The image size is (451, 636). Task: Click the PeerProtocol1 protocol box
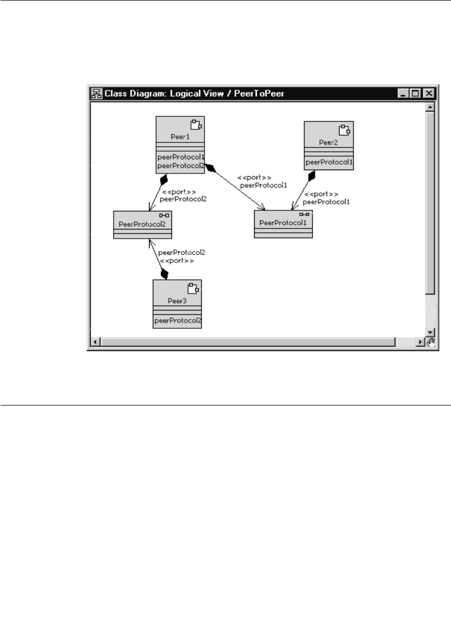pyautogui.click(x=283, y=223)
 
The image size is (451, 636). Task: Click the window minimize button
pyautogui.click(x=404, y=93)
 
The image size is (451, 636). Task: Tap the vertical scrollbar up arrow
pyautogui.click(x=430, y=107)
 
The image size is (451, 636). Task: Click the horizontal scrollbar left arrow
pyautogui.click(x=95, y=342)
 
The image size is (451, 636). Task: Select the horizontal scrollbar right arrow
pyautogui.click(x=420, y=342)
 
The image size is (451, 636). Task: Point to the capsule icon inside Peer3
pyautogui.click(x=193, y=288)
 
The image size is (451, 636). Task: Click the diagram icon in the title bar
pyautogui.click(x=96, y=93)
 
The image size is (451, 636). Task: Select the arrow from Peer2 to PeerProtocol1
pyautogui.click(x=302, y=192)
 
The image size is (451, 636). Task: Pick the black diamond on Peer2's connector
pyautogui.click(x=311, y=176)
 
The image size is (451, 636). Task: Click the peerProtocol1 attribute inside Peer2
pyautogui.click(x=329, y=162)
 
